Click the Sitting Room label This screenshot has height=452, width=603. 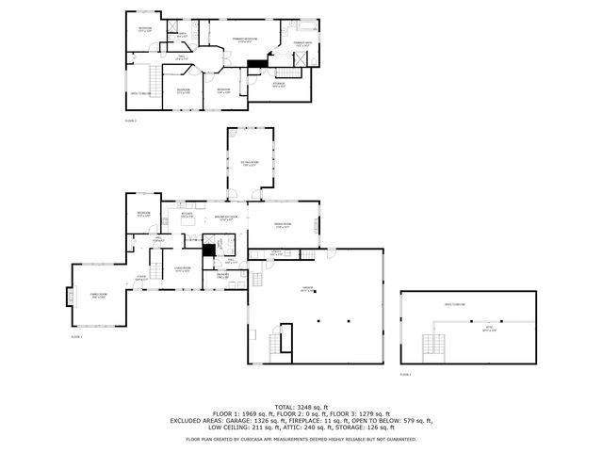(250, 166)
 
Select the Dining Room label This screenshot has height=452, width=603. (283, 224)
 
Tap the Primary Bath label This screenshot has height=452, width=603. (302, 43)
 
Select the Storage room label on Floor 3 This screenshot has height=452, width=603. (279, 86)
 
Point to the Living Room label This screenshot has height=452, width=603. (183, 269)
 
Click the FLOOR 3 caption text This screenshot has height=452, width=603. (131, 121)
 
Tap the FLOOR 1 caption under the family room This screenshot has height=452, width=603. (76, 336)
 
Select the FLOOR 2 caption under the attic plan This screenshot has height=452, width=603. (405, 375)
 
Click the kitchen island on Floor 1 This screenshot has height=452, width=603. (187, 232)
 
